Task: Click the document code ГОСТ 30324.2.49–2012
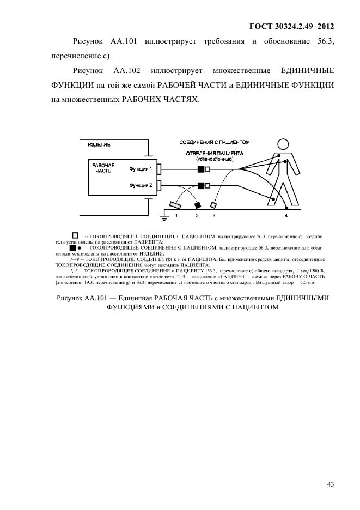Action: click(x=291, y=26)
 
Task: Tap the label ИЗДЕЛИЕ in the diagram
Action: click(x=99, y=144)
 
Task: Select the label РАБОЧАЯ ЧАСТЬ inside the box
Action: click(x=103, y=167)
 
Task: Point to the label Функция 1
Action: click(x=141, y=169)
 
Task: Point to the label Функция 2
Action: click(x=141, y=186)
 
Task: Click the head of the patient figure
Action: click(x=283, y=144)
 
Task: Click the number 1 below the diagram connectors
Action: click(x=176, y=216)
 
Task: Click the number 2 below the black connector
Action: click(x=197, y=216)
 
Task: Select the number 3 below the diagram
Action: click(x=214, y=216)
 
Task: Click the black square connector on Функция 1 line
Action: click(x=200, y=169)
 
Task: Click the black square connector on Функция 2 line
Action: click(x=200, y=186)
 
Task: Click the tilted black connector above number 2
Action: click(x=197, y=205)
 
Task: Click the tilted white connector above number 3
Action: click(x=214, y=205)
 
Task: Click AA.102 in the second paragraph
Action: click(x=126, y=71)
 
